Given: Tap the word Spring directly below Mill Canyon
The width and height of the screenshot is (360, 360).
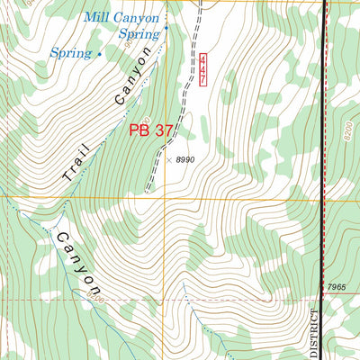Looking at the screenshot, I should coord(139,34).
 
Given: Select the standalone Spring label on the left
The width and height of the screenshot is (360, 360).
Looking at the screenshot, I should coord(71,53).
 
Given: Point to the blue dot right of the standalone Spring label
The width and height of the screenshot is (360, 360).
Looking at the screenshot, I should coord(99,54).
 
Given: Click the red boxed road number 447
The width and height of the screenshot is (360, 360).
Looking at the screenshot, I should coord(204,71).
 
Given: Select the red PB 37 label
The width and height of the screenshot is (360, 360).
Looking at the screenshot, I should coord(150,130).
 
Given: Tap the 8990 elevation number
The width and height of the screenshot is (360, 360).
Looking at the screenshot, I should coord(185,160).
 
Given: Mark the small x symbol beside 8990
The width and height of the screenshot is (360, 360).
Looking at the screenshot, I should coord(168,160).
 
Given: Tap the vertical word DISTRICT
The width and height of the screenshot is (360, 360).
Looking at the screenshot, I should coord(315,333).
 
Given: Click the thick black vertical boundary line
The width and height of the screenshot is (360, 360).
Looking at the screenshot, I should coord(325,180).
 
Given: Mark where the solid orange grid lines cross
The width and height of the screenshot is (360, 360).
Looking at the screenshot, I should coord(164,197).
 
